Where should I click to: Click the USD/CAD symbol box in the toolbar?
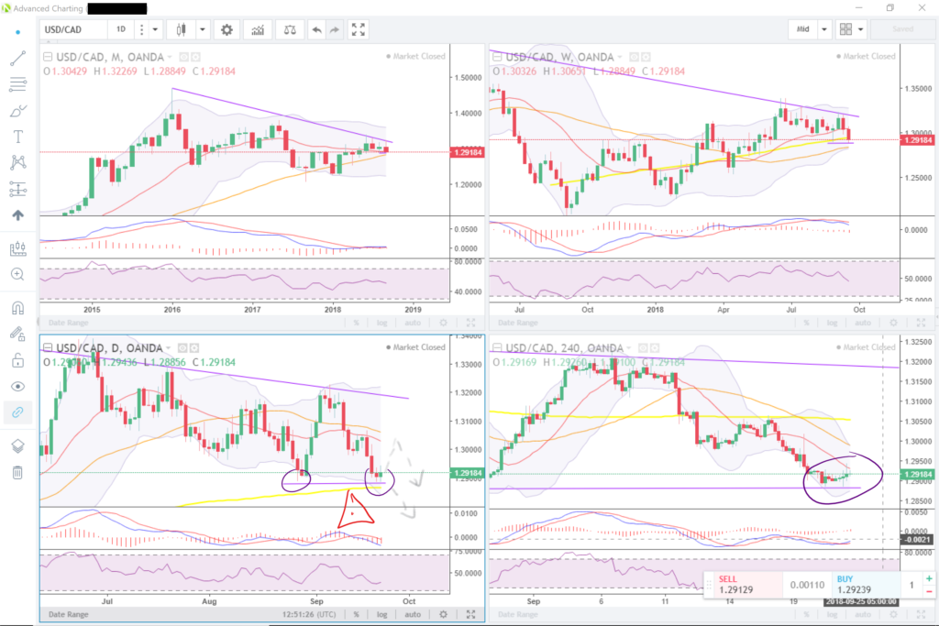coord(72,29)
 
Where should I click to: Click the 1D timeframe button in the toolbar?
coord(120,29)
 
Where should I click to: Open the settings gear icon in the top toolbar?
coord(226,29)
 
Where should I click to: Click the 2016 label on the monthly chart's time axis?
coord(172,310)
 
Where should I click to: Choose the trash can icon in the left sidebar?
coord(17,472)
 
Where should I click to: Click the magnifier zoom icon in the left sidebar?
coord(17,273)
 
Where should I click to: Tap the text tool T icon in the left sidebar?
coord(17,137)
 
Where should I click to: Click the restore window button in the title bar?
coord(889,8)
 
